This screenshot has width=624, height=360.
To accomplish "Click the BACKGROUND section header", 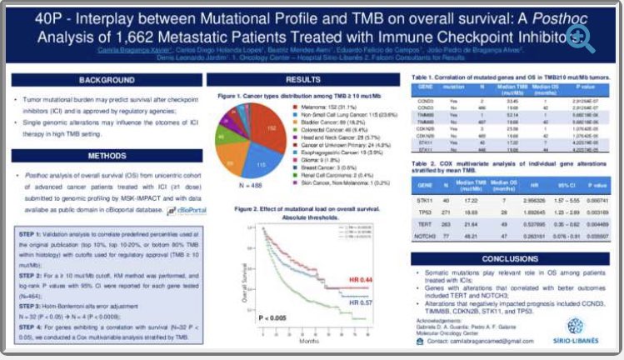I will click(x=107, y=80).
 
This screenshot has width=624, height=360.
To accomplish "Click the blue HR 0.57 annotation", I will click(x=362, y=304).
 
